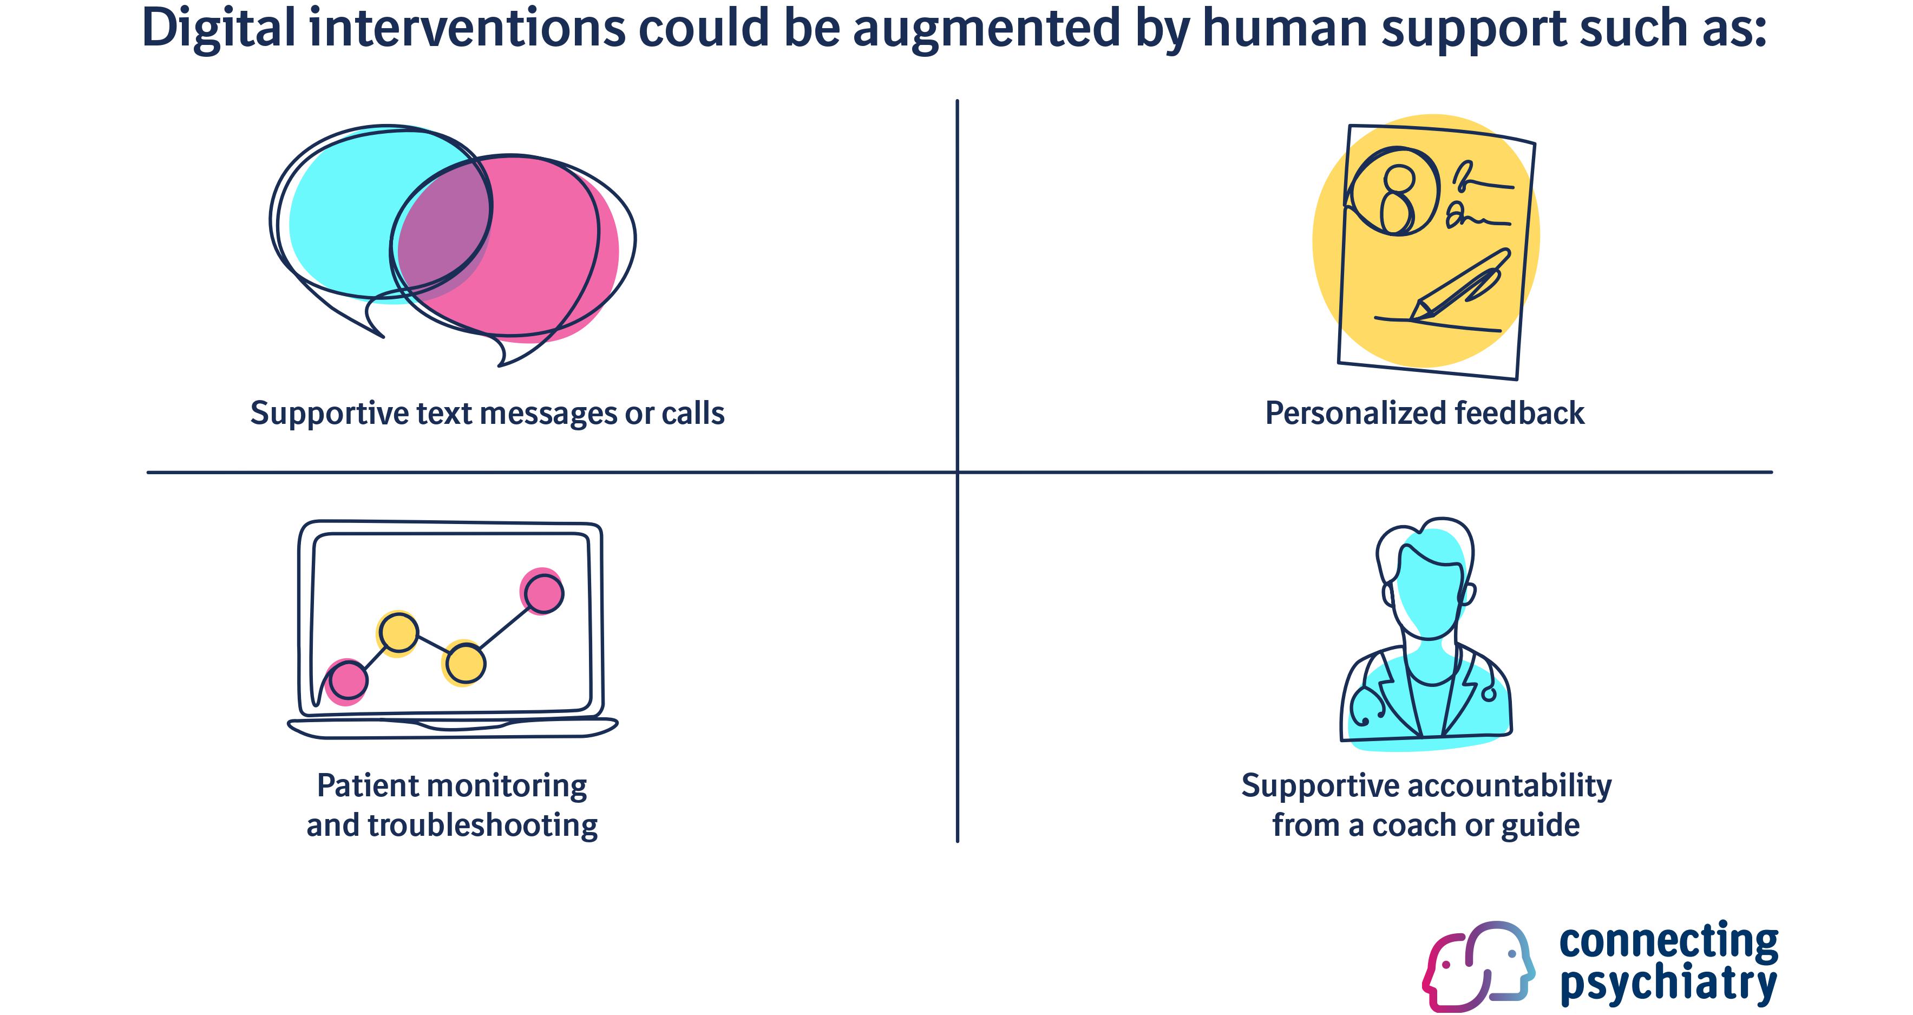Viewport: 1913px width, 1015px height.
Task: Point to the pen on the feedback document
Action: (x=1459, y=286)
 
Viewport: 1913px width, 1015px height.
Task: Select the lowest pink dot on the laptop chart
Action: (x=348, y=680)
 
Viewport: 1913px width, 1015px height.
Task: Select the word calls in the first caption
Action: (x=693, y=413)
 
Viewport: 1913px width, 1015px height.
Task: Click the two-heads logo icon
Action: (x=1478, y=965)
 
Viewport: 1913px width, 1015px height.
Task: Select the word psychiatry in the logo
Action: (x=1668, y=984)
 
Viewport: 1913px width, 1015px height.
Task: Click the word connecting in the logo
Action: (x=1668, y=941)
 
